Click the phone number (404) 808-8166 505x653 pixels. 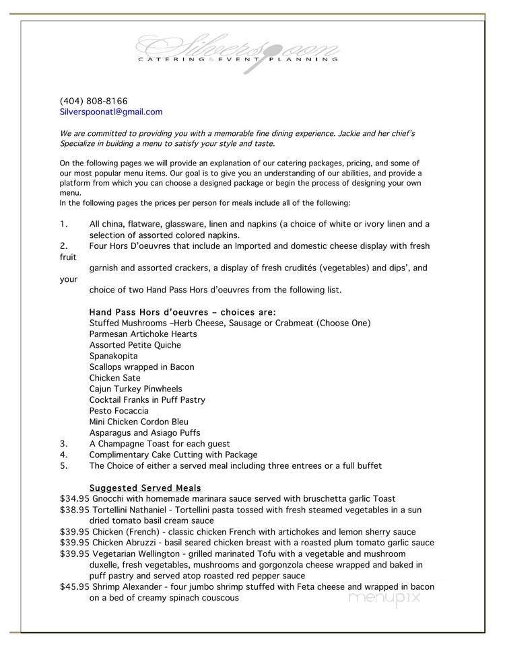(94, 101)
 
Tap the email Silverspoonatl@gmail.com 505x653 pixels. (111, 112)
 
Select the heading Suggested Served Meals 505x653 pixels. (145, 488)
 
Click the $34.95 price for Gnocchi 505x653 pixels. (74, 499)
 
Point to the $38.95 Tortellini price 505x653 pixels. (74, 510)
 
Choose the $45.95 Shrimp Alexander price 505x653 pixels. (74, 586)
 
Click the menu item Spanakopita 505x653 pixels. (113, 356)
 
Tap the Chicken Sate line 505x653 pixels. (115, 378)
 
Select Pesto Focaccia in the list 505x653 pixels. (119, 411)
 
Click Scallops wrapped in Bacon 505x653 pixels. (141, 367)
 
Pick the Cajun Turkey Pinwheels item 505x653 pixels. (135, 389)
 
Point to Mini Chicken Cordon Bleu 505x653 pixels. (139, 422)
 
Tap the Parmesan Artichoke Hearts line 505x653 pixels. (143, 334)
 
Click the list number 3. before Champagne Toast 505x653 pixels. (63, 444)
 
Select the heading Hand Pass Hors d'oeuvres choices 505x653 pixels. (182, 312)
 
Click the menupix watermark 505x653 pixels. (384, 597)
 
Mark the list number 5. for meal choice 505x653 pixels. (63, 465)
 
